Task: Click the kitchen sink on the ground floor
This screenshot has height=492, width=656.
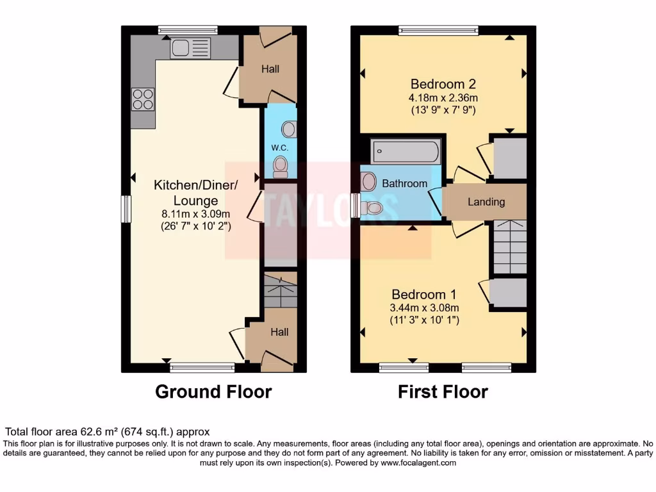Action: [190, 47]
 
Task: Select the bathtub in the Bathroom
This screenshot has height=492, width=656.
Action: [406, 152]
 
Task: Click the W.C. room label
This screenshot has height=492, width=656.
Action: [280, 148]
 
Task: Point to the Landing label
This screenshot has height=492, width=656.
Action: [486, 202]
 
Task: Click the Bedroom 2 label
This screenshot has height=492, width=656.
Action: [443, 84]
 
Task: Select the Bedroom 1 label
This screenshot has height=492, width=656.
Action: [423, 295]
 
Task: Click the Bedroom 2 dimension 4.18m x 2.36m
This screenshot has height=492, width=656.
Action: [443, 98]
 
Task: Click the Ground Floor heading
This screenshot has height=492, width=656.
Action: [213, 391]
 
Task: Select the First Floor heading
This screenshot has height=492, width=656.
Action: [443, 391]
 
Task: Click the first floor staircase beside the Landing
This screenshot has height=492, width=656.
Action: [510, 247]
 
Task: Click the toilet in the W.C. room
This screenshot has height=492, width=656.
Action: [281, 167]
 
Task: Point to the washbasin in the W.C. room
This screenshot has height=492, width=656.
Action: [289, 130]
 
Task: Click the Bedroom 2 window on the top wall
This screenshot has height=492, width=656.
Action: [439, 29]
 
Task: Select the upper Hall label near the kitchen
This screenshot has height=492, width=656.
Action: [270, 69]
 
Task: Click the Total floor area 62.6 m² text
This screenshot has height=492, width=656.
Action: [107, 432]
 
